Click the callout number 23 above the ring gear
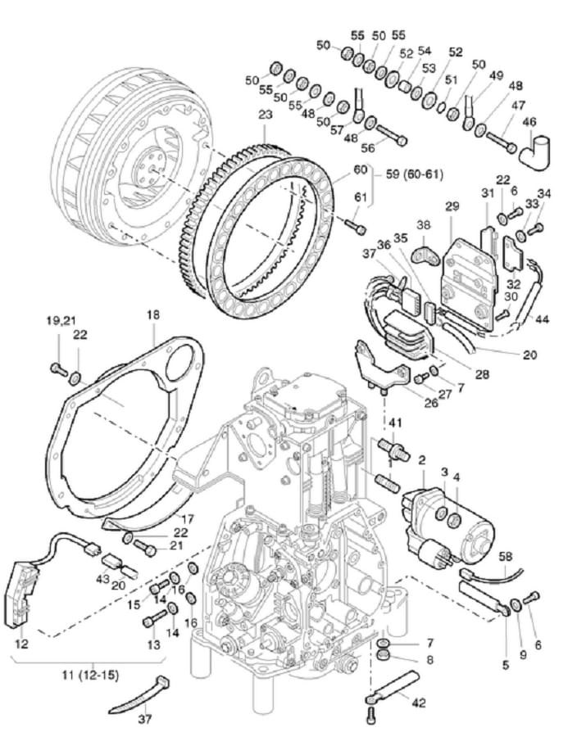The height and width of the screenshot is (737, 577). (266, 115)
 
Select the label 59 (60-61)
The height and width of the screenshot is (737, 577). (413, 175)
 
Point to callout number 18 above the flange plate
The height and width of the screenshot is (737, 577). (153, 314)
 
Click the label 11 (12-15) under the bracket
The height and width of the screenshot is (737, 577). (91, 676)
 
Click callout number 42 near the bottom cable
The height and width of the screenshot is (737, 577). (419, 703)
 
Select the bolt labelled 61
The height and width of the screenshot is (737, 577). (356, 227)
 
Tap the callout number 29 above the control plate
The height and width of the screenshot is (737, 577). (452, 206)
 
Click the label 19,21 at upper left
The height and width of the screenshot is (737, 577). (61, 320)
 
